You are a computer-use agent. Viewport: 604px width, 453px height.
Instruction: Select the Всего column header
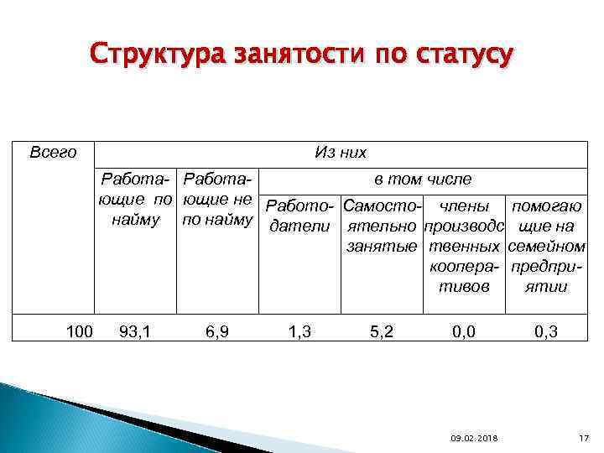click(x=53, y=152)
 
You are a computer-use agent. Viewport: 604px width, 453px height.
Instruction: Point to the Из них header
click(x=340, y=152)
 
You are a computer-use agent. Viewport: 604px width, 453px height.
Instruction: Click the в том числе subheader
click(x=422, y=179)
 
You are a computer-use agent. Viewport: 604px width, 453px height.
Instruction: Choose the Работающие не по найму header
click(x=217, y=200)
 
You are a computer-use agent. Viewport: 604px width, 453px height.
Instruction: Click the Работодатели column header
click(x=300, y=216)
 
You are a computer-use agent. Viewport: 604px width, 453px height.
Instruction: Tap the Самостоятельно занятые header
click(x=383, y=226)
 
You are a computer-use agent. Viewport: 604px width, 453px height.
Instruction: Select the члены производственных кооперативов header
click(x=463, y=245)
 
